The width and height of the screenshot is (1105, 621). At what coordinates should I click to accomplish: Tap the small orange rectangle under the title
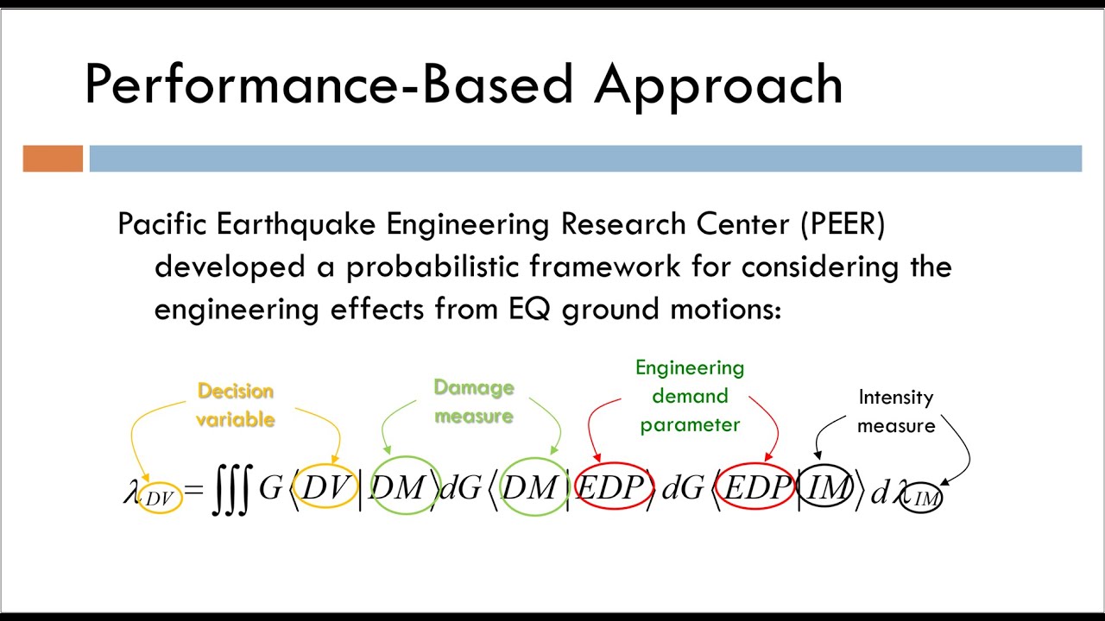(53, 159)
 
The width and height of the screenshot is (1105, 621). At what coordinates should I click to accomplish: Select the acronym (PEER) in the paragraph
(842, 224)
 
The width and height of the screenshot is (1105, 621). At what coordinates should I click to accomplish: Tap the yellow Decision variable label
(235, 405)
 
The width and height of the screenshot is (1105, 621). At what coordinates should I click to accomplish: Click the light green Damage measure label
(474, 402)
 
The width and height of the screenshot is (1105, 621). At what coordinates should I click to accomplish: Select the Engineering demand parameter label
(690, 396)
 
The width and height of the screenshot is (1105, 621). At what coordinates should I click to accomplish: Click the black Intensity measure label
(895, 411)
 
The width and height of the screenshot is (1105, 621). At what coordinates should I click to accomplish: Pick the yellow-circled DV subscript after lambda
(160, 498)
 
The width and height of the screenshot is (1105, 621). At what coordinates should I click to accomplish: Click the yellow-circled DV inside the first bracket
(325, 488)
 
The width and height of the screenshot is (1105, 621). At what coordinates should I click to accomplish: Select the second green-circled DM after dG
(529, 489)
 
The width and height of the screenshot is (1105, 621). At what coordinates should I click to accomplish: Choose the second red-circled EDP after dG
(756, 489)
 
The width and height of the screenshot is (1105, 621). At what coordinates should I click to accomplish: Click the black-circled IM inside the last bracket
(826, 489)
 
